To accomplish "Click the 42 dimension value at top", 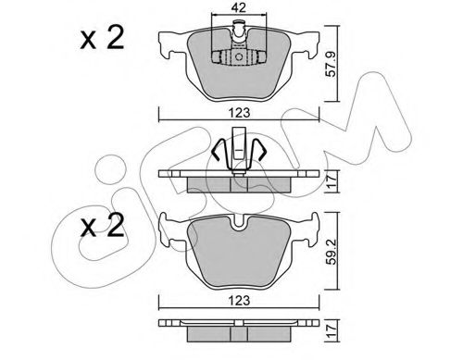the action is [x=239, y=7].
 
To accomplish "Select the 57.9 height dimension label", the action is [x=332, y=64].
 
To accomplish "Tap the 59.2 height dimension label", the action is [x=332, y=251].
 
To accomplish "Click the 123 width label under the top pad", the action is [x=239, y=113].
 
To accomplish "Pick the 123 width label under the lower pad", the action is [x=239, y=300].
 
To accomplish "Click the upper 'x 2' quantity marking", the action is [x=102, y=38].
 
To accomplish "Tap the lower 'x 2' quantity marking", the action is [x=102, y=226].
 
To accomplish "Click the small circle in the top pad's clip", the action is [x=239, y=56].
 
